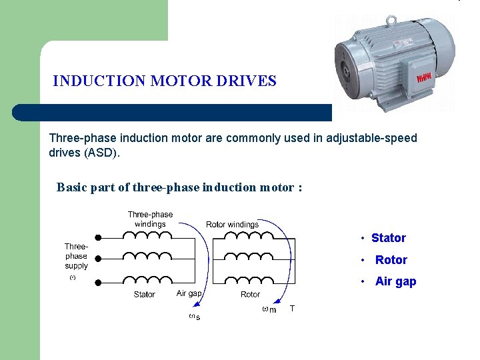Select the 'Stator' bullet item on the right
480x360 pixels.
[x=388, y=238]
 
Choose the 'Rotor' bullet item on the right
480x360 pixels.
[x=391, y=260]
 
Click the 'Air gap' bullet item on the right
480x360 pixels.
[x=395, y=281]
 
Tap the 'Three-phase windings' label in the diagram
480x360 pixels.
[x=150, y=219]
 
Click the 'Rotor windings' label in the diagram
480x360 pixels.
[x=232, y=225]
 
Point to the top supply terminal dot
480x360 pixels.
[x=99, y=237]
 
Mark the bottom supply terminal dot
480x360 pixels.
[x=99, y=283]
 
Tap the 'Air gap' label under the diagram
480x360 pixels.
[x=189, y=293]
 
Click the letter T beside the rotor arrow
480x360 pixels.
[x=292, y=308]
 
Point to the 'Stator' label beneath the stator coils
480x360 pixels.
[x=144, y=294]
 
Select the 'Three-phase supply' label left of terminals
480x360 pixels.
[x=77, y=256]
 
